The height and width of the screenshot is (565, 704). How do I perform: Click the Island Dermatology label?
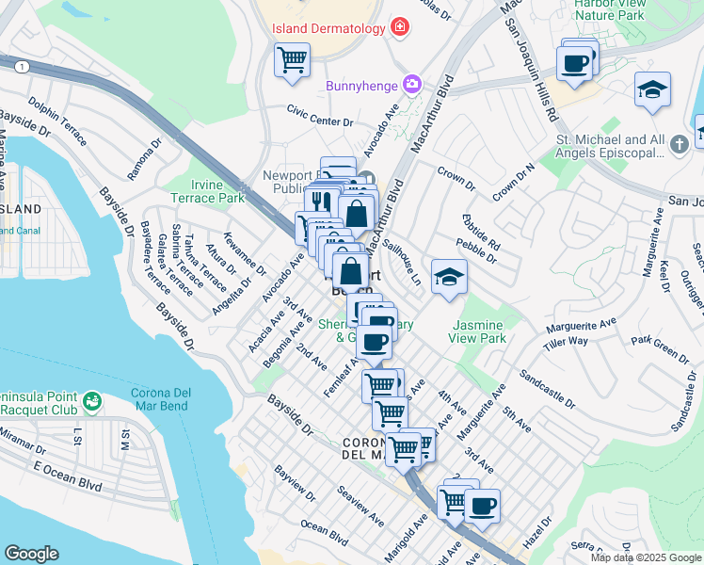[328, 28]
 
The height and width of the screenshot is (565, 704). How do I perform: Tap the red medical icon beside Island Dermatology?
[401, 27]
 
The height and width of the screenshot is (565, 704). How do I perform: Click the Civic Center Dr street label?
[320, 121]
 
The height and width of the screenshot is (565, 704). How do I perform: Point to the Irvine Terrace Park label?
[207, 192]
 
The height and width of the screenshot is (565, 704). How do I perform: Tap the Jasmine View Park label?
[478, 331]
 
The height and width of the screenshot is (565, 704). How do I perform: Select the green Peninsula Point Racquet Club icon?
[91, 403]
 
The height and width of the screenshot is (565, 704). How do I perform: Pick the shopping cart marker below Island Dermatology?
[292, 60]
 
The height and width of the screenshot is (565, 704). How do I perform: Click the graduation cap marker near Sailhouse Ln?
[449, 278]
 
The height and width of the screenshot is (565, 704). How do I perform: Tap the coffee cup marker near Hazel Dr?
[482, 506]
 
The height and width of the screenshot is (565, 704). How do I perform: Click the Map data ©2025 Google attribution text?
[646, 557]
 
